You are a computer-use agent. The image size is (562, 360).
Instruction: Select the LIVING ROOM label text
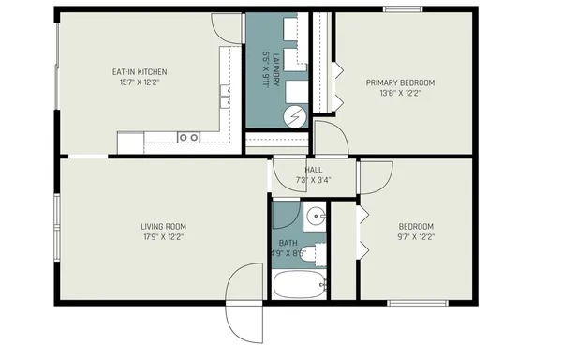pyautogui.click(x=163, y=226)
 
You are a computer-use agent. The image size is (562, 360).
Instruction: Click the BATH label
pyautogui.click(x=288, y=243)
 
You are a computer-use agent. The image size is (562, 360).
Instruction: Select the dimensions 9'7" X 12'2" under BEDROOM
pyautogui.click(x=416, y=236)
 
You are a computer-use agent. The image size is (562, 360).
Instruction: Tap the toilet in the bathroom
pyautogui.click(x=318, y=253)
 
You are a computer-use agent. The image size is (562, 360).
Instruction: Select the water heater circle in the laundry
pyautogui.click(x=296, y=116)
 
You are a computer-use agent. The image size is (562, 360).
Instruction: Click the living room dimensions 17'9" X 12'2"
pyautogui.click(x=163, y=236)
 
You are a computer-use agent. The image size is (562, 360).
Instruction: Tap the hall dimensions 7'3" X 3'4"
pyautogui.click(x=313, y=180)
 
